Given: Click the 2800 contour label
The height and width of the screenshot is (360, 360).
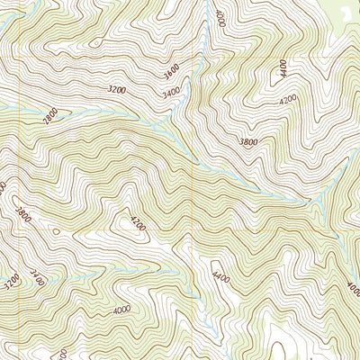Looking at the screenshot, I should (50, 114).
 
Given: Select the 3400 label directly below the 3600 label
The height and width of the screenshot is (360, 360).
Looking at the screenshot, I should (170, 92).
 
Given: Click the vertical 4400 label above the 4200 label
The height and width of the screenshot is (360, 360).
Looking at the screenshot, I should (283, 67).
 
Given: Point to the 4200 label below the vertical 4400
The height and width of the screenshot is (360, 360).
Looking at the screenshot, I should (288, 102).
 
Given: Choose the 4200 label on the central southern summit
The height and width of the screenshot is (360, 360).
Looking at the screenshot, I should (137, 222).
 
